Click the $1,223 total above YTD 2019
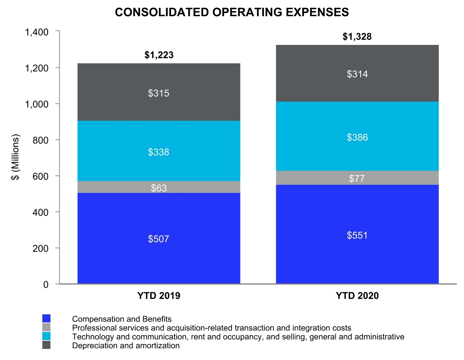tap(159, 55)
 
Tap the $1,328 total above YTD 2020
tap(357, 37)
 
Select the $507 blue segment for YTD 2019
tap(159, 239)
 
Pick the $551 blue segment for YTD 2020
tap(357, 235)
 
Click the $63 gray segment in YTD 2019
tap(159, 187)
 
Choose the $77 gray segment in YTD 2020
tap(357, 178)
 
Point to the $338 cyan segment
tap(159, 152)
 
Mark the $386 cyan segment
tap(357, 137)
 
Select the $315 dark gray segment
tap(159, 93)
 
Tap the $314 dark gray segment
tap(357, 74)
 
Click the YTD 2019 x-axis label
tap(159, 296)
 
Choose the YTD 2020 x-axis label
tap(357, 296)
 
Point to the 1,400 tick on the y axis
tap(37, 32)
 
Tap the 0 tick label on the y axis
tap(46, 285)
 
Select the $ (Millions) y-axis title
tap(15, 157)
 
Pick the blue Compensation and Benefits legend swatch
tap(46, 318)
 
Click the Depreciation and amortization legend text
tap(126, 346)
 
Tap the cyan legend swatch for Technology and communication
tap(46, 336)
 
